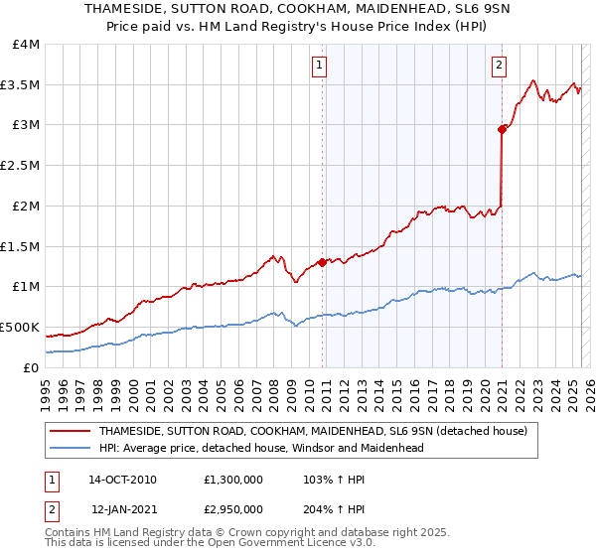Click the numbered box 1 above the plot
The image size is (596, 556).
(x=320, y=67)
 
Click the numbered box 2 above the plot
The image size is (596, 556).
(x=499, y=67)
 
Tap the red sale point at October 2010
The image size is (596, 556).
(x=323, y=262)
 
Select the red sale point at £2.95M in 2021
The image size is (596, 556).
(x=503, y=128)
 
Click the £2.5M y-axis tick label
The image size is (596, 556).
(x=21, y=166)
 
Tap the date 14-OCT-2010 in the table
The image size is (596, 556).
(x=124, y=479)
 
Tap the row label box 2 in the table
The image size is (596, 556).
(x=49, y=508)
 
